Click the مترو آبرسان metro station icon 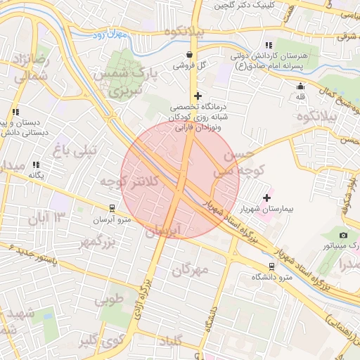click(111, 208)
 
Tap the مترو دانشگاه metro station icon click(271, 266)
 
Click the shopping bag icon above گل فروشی click(188, 53)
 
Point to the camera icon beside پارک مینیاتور click(342, 235)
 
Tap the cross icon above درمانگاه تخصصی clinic click(198, 96)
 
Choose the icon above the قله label click(301, 86)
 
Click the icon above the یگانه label click(35, 165)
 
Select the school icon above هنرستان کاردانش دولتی click(268, 45)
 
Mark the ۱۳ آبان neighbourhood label click(47, 219)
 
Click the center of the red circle click(180, 179)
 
